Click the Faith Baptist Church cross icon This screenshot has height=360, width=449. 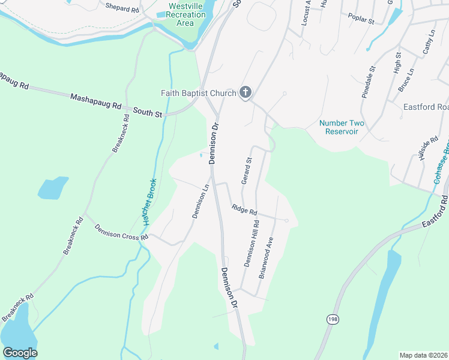(x=245, y=92)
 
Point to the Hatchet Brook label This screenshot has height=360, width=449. (x=149, y=202)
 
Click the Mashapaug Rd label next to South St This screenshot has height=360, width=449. (x=96, y=100)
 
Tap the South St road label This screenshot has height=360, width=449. (x=148, y=111)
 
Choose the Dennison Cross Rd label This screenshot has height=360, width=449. (x=121, y=232)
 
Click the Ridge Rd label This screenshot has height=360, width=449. (x=244, y=210)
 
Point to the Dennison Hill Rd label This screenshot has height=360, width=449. (x=251, y=244)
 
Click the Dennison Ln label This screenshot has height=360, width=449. (x=200, y=201)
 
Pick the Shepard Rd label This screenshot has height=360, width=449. (x=121, y=8)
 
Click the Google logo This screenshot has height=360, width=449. (x=20, y=353)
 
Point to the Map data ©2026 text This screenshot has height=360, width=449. (x=423, y=355)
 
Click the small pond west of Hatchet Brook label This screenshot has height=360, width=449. (x=53, y=188)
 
